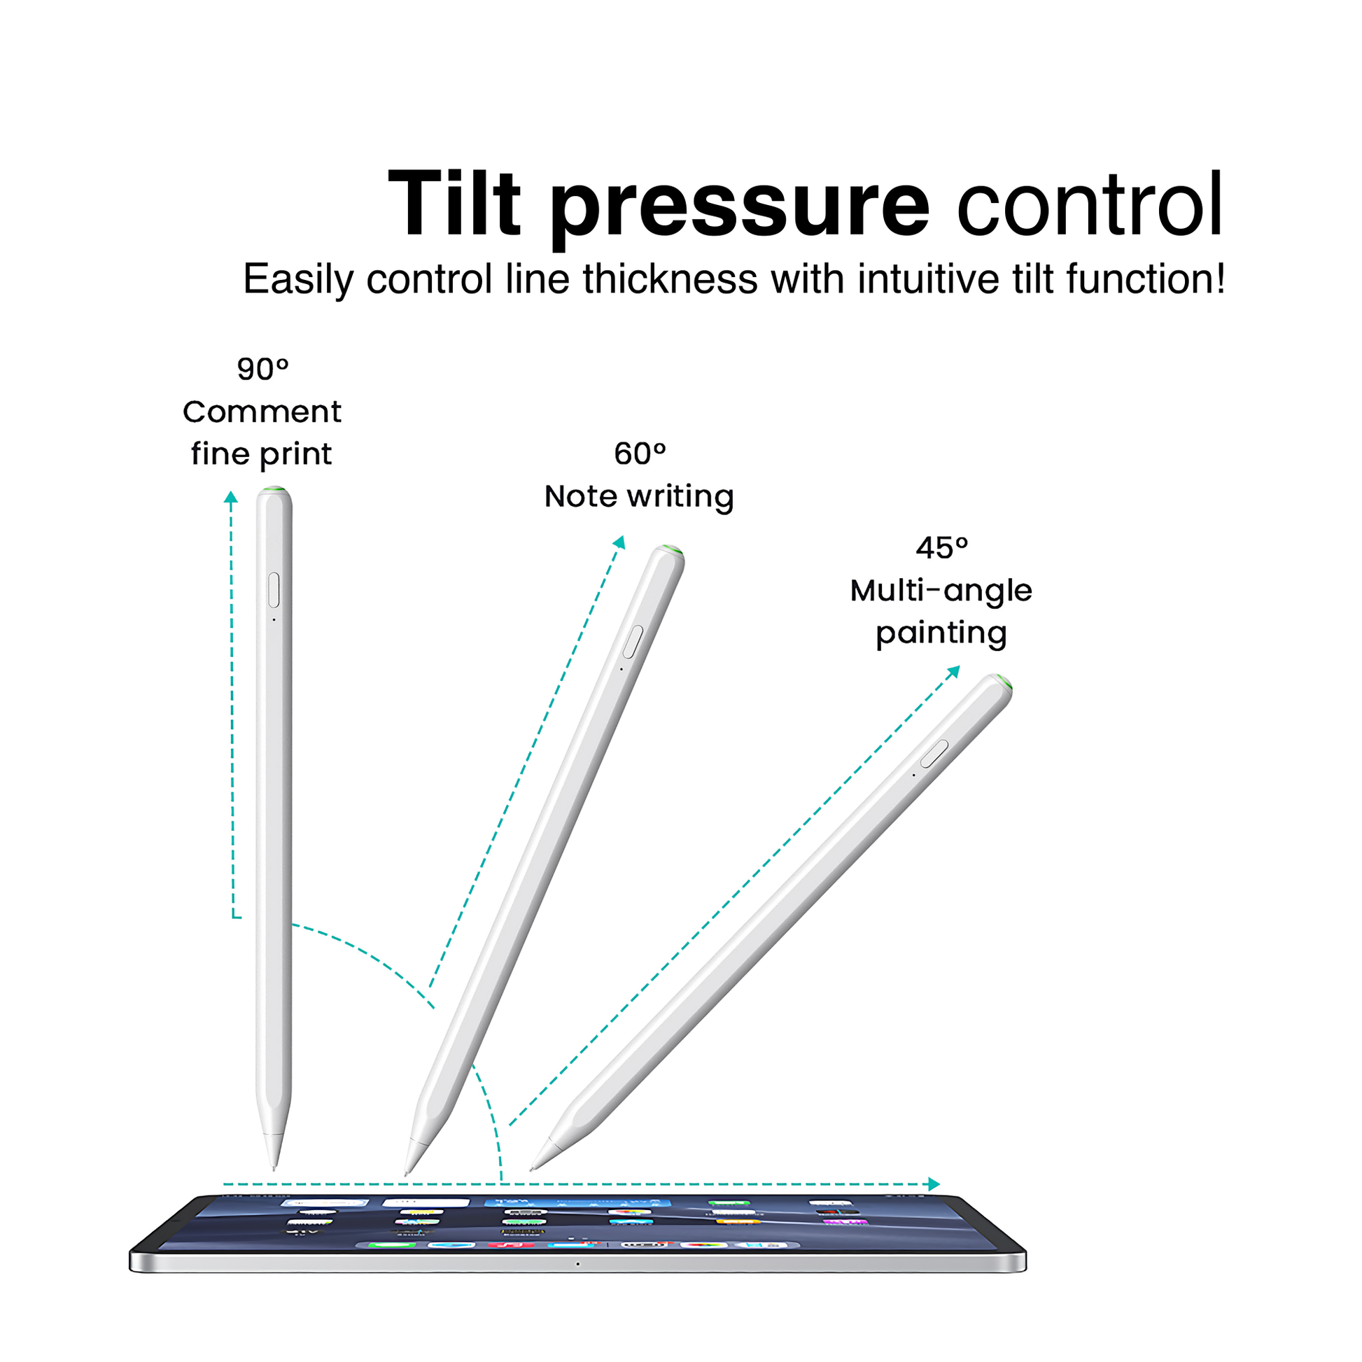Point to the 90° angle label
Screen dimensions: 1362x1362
coord(262,369)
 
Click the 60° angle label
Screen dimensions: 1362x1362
coord(640,454)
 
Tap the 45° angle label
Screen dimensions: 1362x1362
coord(942,548)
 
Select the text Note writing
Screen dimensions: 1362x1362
coord(639,496)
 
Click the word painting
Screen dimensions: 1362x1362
coord(941,633)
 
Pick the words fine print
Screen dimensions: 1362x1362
coord(261,454)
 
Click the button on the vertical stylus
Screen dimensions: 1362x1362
coord(274,590)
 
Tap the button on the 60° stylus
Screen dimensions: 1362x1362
coord(633,642)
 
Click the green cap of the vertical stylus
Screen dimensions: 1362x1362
coord(274,489)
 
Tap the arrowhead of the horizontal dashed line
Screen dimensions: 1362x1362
coord(934,1184)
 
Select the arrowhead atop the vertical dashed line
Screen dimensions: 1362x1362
coord(230,498)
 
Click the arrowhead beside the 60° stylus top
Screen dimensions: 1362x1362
coord(619,542)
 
